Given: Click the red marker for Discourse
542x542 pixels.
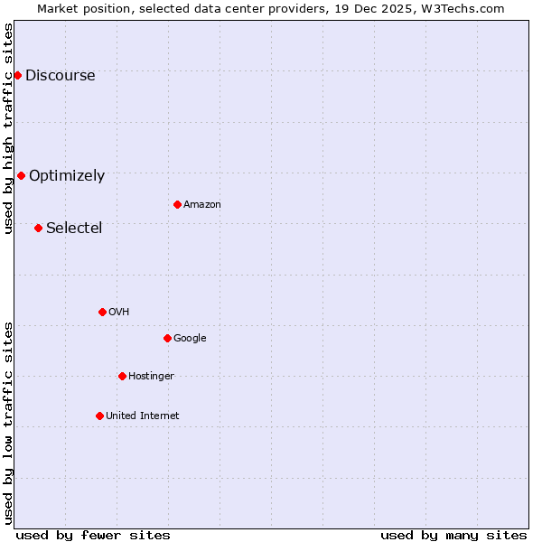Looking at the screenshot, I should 17,75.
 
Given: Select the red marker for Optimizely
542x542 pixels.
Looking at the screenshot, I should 21,175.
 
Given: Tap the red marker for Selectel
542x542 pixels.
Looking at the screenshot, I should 38,228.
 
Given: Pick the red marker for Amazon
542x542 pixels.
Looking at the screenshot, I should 177,204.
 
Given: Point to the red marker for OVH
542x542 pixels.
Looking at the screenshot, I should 102,312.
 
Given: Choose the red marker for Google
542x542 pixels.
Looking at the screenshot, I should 167,338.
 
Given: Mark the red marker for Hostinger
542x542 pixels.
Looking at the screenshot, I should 122,376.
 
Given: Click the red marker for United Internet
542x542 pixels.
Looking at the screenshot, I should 99,416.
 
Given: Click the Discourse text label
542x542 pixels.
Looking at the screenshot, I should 61,75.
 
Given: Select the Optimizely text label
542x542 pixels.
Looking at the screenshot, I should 67,175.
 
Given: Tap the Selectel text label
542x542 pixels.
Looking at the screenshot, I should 74,228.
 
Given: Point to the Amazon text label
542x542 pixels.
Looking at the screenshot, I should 202,204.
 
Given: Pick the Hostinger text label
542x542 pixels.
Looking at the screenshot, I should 151,376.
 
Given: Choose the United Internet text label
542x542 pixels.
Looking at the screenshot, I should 143,416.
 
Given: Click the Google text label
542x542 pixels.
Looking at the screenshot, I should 190,338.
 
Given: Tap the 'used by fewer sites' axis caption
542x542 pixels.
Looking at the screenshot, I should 93,535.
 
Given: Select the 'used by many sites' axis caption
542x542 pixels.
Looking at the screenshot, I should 453,535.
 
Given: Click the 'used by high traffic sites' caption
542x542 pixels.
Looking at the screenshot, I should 8,128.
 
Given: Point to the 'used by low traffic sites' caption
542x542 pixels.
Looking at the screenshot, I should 8,423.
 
